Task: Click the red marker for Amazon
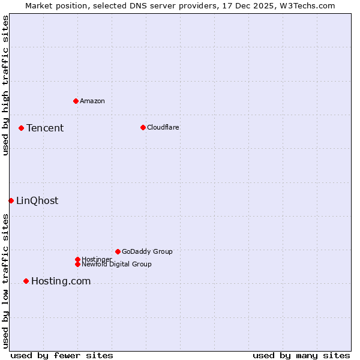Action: [x=76, y=101]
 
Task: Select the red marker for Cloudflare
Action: [x=143, y=127]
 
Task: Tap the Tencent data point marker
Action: [x=21, y=128]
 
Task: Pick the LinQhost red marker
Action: [x=11, y=200]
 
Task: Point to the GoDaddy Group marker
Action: [x=118, y=251]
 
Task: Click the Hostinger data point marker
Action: [x=77, y=259]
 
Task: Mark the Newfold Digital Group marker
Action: [x=77, y=264]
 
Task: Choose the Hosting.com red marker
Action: [x=26, y=281]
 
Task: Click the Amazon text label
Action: [x=92, y=101]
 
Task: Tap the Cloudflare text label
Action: [x=163, y=127]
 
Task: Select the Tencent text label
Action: [x=45, y=128]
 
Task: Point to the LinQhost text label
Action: [x=37, y=200]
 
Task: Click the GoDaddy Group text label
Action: [x=147, y=251]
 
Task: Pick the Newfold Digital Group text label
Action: [x=116, y=264]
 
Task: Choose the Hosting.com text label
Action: [x=61, y=281]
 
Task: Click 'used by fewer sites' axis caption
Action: [x=62, y=355]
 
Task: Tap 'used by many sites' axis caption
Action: [x=301, y=355]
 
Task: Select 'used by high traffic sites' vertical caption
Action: [x=5, y=85]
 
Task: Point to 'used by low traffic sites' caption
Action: [x=5, y=281]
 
